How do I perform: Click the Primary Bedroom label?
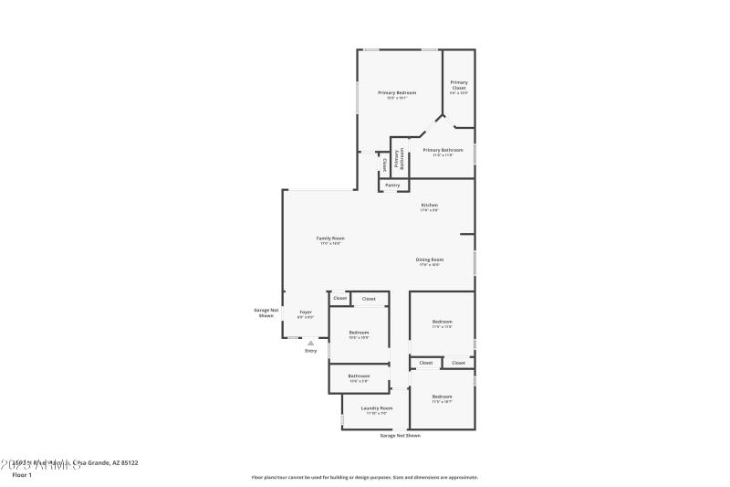(397, 92)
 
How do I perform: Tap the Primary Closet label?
(458, 85)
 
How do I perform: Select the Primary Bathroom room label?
(443, 150)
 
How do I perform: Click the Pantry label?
(392, 185)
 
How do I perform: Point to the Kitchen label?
(429, 205)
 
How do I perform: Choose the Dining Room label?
(430, 259)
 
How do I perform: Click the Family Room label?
(330, 238)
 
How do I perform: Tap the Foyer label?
(306, 312)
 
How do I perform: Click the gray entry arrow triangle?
(310, 343)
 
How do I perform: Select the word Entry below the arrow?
(310, 351)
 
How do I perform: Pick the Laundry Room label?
(377, 408)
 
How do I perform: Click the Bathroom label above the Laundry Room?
(359, 376)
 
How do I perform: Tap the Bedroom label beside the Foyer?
(359, 332)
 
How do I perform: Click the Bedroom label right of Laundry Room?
(442, 396)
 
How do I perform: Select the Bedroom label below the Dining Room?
(442, 321)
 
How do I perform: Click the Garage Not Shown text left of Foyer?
(266, 312)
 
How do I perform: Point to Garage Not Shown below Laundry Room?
(401, 436)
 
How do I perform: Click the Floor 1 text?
(22, 475)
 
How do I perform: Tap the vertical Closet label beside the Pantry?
(385, 164)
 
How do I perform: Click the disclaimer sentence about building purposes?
(364, 477)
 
